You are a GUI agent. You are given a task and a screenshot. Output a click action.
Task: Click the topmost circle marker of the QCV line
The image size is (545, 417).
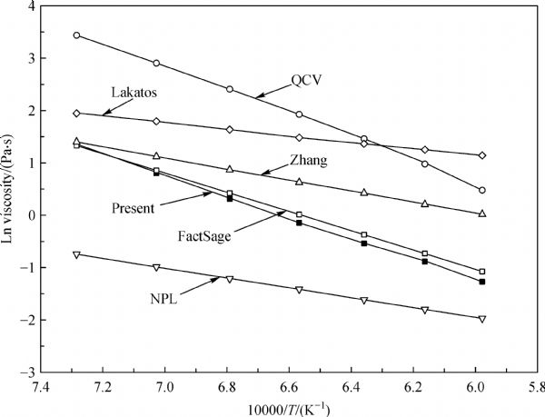click(76, 35)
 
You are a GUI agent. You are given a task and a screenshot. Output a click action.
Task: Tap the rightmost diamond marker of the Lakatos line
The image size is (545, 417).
click(482, 155)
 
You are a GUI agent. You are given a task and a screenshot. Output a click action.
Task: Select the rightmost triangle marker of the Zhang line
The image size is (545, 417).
click(482, 213)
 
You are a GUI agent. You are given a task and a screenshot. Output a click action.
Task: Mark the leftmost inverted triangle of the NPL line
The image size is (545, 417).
click(76, 254)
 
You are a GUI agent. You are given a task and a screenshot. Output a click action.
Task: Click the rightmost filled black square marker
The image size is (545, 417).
click(482, 282)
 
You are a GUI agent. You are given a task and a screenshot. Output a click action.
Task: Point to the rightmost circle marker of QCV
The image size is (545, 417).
click(482, 190)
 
